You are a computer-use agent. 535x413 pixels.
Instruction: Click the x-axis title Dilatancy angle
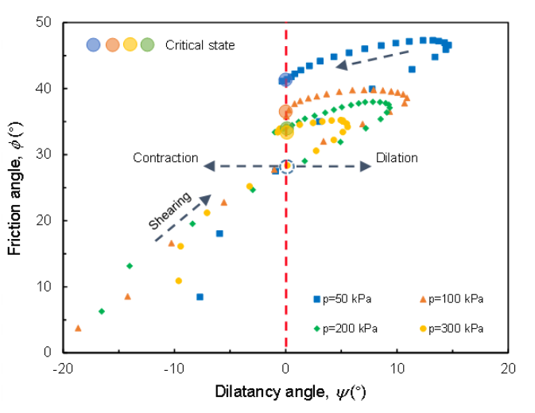click(289, 392)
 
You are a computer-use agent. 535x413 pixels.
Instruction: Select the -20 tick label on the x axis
click(63, 369)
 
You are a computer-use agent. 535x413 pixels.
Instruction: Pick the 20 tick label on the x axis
click(509, 369)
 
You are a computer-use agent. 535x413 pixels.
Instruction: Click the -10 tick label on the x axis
click(174, 369)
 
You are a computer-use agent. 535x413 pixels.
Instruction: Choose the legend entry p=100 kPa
click(455, 299)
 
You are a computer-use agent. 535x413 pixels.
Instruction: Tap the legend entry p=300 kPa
click(455, 327)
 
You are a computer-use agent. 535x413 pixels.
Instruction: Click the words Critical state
click(200, 45)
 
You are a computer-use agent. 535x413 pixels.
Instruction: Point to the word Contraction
click(165, 157)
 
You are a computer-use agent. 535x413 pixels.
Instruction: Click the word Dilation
click(397, 157)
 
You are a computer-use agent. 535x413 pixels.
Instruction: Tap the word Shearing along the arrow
click(169, 211)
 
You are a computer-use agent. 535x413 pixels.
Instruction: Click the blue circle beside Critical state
click(94, 45)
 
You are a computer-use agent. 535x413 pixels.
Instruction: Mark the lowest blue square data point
click(200, 297)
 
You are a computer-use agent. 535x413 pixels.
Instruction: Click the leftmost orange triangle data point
click(78, 327)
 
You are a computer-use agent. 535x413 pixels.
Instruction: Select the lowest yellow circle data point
click(179, 280)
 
